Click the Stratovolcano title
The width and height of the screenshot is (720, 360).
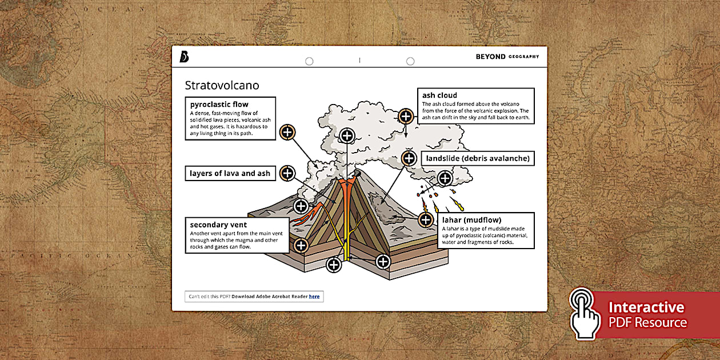pos(222,86)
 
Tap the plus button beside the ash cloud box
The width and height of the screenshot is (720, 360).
pos(406,116)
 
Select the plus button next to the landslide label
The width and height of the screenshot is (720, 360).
pos(409,158)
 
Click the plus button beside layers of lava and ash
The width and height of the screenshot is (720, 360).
pos(287,173)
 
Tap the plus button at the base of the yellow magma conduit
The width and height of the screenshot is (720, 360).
pos(334,265)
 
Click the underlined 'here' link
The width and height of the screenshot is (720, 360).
pos(314,297)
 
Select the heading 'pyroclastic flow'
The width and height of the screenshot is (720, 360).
pos(219,105)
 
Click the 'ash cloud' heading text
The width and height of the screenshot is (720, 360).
pos(439,95)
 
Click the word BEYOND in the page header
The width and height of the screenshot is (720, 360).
pos(490,57)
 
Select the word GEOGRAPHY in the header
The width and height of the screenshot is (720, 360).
pos(523,57)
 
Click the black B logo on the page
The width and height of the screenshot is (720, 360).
pos(184,57)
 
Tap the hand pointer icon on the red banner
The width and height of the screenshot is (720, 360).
pos(585,314)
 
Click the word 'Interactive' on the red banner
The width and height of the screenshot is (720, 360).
pos(646,307)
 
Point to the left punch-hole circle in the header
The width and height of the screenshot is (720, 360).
pos(309,61)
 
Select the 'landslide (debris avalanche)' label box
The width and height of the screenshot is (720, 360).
pos(477,158)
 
